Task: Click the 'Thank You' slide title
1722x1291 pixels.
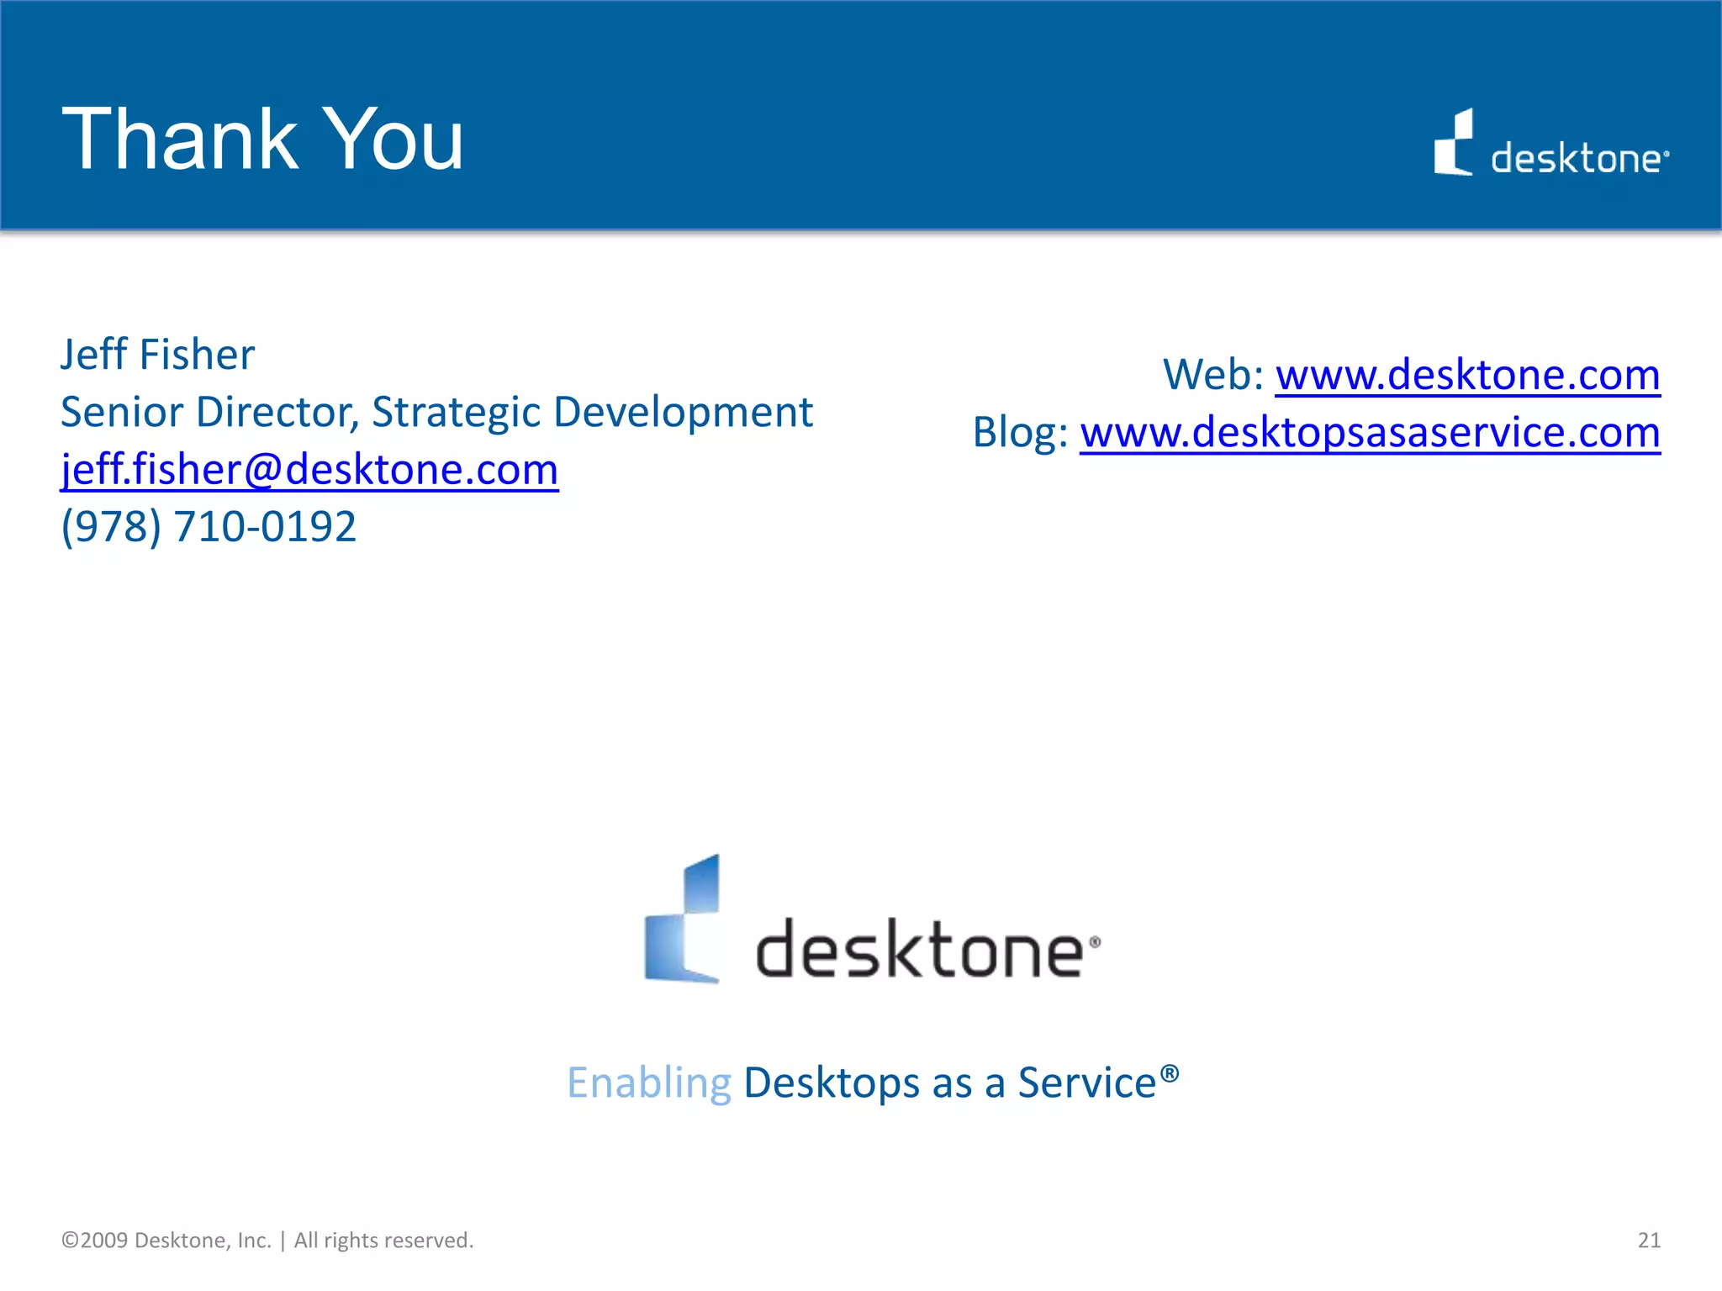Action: (x=262, y=140)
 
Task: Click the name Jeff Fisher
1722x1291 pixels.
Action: (x=157, y=355)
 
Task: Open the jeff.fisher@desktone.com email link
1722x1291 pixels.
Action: (x=309, y=469)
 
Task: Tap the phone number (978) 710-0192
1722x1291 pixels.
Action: (x=209, y=527)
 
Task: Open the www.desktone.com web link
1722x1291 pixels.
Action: (x=1467, y=375)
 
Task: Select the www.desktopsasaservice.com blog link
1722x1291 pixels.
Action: (x=1370, y=433)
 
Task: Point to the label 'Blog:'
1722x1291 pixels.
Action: (x=1020, y=433)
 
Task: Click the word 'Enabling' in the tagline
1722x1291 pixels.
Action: (x=649, y=1083)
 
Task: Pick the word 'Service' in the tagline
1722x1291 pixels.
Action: (x=1087, y=1083)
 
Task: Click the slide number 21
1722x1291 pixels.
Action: (x=1649, y=1241)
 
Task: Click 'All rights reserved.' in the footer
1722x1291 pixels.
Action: (x=383, y=1241)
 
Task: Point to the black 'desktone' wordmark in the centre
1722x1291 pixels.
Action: (x=920, y=950)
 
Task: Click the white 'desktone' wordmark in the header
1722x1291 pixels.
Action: (x=1576, y=159)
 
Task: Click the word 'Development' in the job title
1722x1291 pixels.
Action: (x=683, y=413)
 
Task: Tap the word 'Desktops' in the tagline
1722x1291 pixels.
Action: (x=832, y=1083)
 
